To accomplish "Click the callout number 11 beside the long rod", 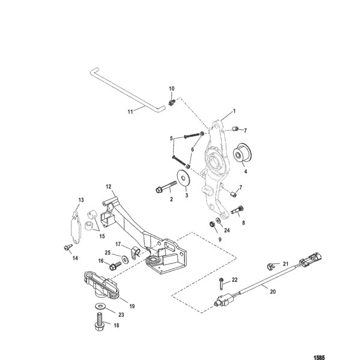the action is (x=130, y=112).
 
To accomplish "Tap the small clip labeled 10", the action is (x=172, y=102).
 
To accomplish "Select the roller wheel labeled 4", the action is (x=242, y=153).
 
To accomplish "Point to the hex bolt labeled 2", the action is (x=166, y=187).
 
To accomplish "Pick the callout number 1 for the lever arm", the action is (x=234, y=112).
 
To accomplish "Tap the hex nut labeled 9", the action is (x=212, y=224).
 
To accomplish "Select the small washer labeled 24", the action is (x=218, y=220).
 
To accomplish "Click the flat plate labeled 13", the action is (x=76, y=227).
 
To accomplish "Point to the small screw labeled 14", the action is (x=68, y=247).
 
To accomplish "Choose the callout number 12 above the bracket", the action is (x=109, y=187).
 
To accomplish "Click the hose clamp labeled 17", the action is (x=135, y=253).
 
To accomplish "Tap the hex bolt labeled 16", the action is (x=115, y=266).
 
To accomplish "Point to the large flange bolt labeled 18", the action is (x=100, y=322).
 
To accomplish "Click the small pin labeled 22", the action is (x=221, y=284).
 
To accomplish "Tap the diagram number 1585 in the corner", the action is (x=319, y=357).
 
